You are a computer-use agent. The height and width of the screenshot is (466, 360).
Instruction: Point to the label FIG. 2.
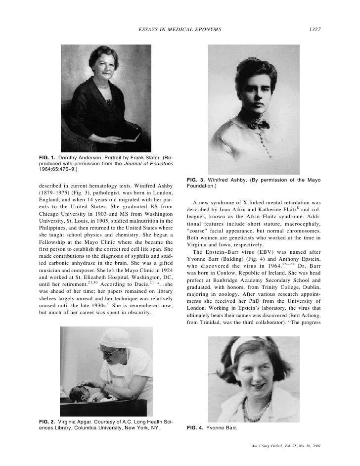pos(47,420)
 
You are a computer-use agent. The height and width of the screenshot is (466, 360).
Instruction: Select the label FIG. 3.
pos(196,179)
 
